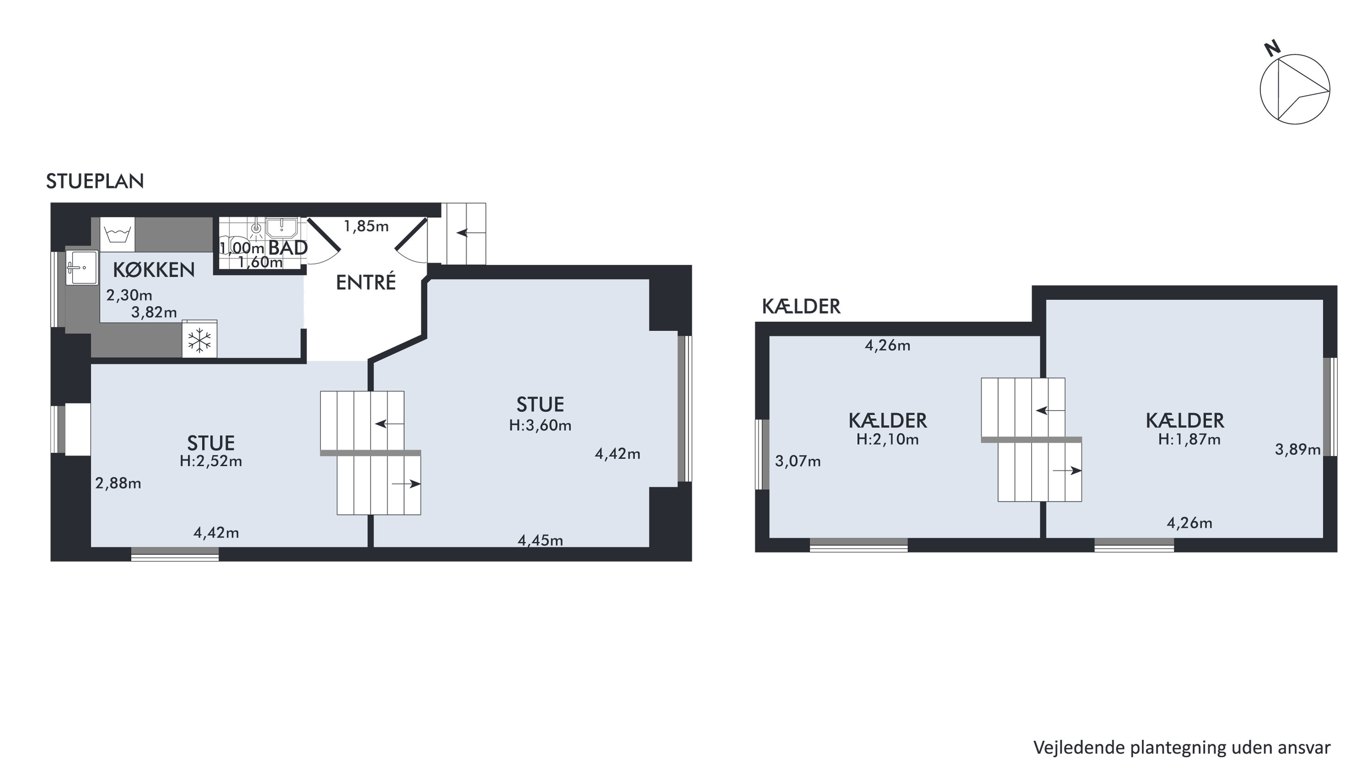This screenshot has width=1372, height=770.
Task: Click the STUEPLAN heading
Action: pyautogui.click(x=95, y=182)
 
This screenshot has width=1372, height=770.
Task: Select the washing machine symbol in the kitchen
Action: pyautogui.click(x=118, y=234)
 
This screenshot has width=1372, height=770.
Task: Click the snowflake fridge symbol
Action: pyautogui.click(x=200, y=339)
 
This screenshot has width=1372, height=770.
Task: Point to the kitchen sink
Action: pyautogui.click(x=81, y=268)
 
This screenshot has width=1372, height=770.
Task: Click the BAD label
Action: pyautogui.click(x=288, y=248)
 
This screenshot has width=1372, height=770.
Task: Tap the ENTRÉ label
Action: pyautogui.click(x=366, y=282)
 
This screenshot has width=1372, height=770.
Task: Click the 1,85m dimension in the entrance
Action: pyautogui.click(x=366, y=226)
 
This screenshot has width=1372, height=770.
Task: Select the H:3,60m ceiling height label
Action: pyautogui.click(x=540, y=426)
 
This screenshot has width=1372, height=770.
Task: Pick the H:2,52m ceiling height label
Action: pyautogui.click(x=211, y=461)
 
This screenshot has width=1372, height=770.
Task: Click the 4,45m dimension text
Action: pyautogui.click(x=540, y=540)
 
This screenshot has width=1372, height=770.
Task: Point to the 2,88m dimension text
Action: pyautogui.click(x=118, y=483)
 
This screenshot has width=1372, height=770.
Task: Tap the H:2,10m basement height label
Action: pyautogui.click(x=888, y=439)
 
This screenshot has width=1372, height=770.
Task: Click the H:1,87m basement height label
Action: pyautogui.click(x=1189, y=439)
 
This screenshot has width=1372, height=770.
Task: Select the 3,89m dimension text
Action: pyautogui.click(x=1297, y=450)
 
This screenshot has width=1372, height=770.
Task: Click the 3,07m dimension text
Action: pyautogui.click(x=798, y=461)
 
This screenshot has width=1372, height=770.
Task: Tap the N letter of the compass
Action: pyautogui.click(x=1272, y=49)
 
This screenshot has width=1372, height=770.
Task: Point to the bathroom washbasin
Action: pyautogui.click(x=281, y=227)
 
